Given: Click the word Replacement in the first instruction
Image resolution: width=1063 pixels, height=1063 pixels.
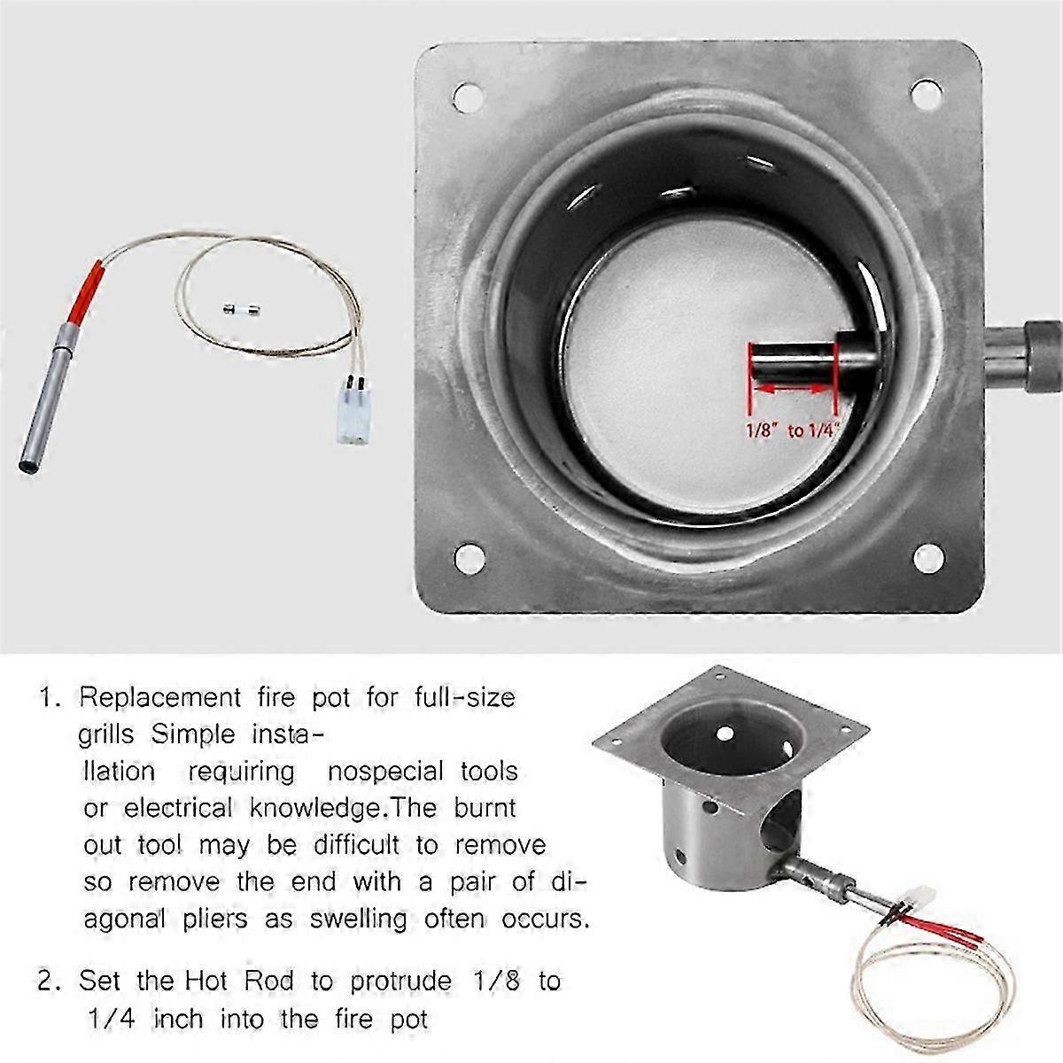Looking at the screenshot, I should (159, 698).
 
